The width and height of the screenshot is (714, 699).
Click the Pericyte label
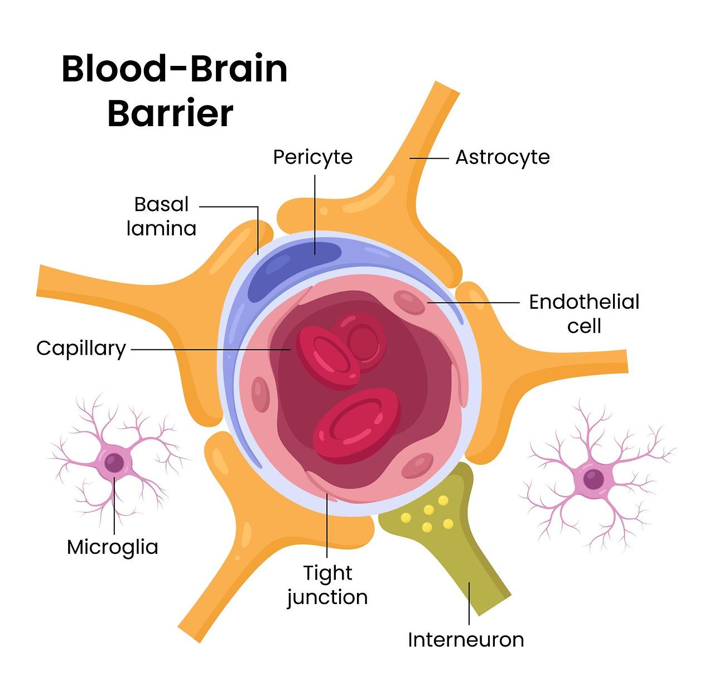coord(312,157)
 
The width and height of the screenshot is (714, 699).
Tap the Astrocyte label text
coord(502,157)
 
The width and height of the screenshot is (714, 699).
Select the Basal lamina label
coord(162,216)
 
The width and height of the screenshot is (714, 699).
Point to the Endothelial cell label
coord(583,313)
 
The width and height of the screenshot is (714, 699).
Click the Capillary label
coord(81,348)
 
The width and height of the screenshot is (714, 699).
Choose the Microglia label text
coord(112,547)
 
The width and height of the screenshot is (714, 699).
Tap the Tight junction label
coord(327,585)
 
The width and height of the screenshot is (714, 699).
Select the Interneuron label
coord(466,639)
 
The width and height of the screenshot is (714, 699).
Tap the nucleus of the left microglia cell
coord(114,463)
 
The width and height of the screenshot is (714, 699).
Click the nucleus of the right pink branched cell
coord(593,478)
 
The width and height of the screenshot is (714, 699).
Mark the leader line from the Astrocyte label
coord(429,158)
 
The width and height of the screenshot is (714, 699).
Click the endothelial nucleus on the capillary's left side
coord(260,394)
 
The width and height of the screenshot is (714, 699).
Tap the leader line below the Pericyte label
coord(315,212)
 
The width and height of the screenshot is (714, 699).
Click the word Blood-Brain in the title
coord(174,69)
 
